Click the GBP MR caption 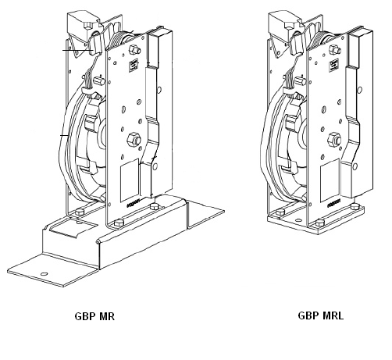tap(94, 316)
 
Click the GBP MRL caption tap(320, 315)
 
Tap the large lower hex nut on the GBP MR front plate tap(134, 140)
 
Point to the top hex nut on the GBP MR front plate tap(134, 50)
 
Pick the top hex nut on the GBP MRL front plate tap(335, 50)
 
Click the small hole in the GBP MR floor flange tap(44, 274)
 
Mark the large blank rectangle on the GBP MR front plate tap(130, 180)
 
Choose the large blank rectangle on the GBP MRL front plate tap(330, 180)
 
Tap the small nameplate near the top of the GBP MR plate tap(134, 66)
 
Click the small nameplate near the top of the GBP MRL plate tap(334, 66)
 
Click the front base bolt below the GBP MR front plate tap(119, 223)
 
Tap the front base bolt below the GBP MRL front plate tap(320, 223)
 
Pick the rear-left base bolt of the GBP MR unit tap(80, 212)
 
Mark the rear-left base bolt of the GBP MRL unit tap(280, 212)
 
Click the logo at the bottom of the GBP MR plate tap(134, 203)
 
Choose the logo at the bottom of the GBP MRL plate tap(334, 203)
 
